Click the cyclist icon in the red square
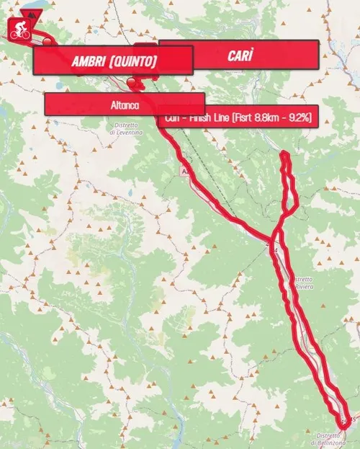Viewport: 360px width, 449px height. pyautogui.click(x=17, y=30)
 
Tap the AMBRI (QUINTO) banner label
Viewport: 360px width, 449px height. pyautogui.click(x=114, y=61)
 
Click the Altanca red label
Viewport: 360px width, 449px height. pyautogui.click(x=125, y=105)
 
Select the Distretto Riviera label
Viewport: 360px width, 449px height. pyautogui.click(x=303, y=283)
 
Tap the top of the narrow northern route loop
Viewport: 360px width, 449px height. pyautogui.click(x=286, y=154)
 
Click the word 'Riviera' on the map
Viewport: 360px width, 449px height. pyautogui.click(x=304, y=287)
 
